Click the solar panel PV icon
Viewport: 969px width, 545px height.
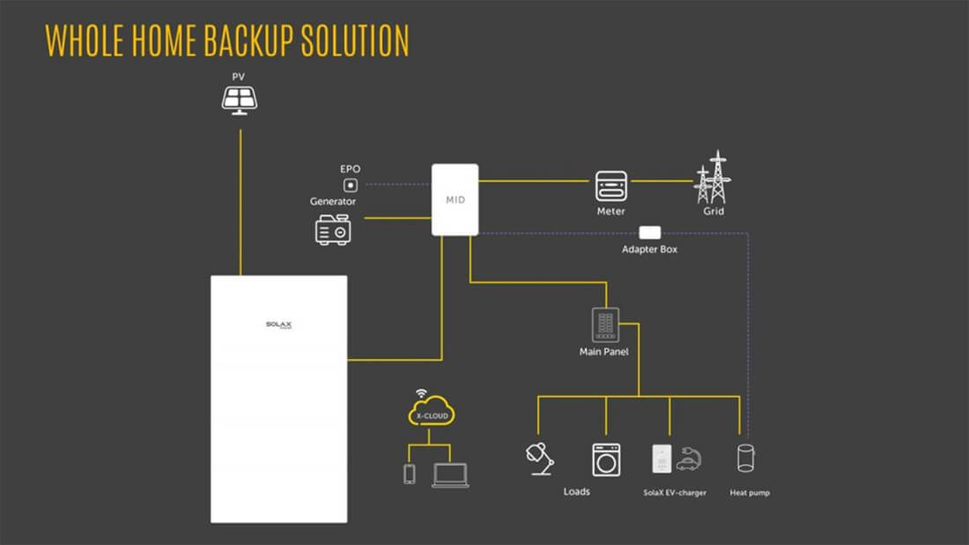click(x=239, y=99)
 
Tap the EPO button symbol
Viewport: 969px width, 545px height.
click(x=350, y=185)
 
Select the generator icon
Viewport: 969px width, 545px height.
click(x=333, y=229)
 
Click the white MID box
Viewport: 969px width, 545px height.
click(x=455, y=200)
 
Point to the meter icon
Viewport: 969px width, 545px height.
click(x=610, y=186)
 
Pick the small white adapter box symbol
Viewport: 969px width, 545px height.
click(x=649, y=232)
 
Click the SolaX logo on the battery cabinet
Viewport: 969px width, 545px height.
click(x=278, y=325)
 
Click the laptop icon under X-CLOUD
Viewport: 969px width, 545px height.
click(x=450, y=475)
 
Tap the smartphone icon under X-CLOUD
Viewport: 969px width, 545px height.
click(x=409, y=474)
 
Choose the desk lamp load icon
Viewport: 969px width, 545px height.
click(x=539, y=459)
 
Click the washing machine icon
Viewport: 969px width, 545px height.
click(x=606, y=460)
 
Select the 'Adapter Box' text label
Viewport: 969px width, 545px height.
click(x=649, y=250)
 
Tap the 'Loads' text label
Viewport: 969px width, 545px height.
click(x=577, y=491)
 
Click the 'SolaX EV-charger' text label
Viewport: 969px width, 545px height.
click(x=675, y=493)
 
